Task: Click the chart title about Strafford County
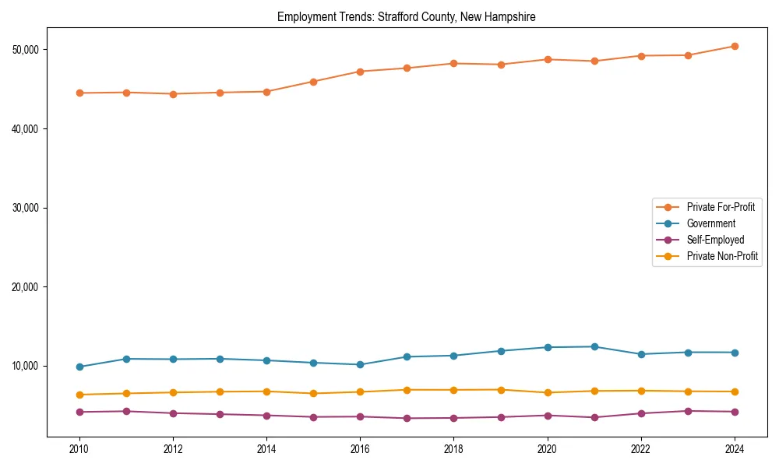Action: click(x=406, y=16)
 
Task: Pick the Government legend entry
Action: click(x=710, y=223)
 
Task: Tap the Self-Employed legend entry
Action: click(x=715, y=240)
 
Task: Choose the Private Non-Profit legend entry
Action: click(x=722, y=256)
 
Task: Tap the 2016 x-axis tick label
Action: click(x=360, y=449)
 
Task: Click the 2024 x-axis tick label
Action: click(x=735, y=449)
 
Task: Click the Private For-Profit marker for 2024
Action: click(x=735, y=46)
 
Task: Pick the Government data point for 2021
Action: click(x=594, y=346)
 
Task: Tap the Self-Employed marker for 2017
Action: click(x=407, y=418)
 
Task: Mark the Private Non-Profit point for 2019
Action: click(x=501, y=389)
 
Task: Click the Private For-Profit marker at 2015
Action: click(x=313, y=82)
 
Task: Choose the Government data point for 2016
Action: click(x=360, y=364)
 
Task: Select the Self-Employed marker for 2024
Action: click(x=735, y=412)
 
